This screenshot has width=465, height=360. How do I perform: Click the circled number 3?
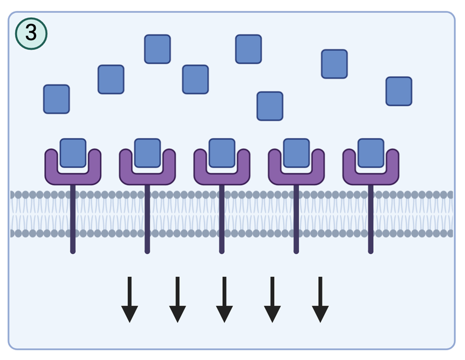coord(31,33)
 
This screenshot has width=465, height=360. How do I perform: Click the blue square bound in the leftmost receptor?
coord(73,152)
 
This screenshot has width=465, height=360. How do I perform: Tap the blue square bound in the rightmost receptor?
coord(371,152)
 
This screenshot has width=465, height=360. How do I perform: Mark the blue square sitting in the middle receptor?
coord(222,152)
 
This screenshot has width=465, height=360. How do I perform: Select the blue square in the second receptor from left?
coord(147,152)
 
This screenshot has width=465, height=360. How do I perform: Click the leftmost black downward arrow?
coord(129,300)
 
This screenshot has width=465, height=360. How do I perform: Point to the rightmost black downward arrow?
coord(320,300)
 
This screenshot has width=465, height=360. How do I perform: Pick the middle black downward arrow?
coord(224,300)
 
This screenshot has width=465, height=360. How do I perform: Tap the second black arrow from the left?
coord(177,300)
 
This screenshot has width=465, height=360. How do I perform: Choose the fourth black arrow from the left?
coord(272,300)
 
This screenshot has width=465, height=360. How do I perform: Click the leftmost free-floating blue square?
coord(57,99)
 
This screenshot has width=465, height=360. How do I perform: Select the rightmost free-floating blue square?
coord(399,91)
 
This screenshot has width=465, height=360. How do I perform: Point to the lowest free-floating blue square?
coord(270,106)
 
